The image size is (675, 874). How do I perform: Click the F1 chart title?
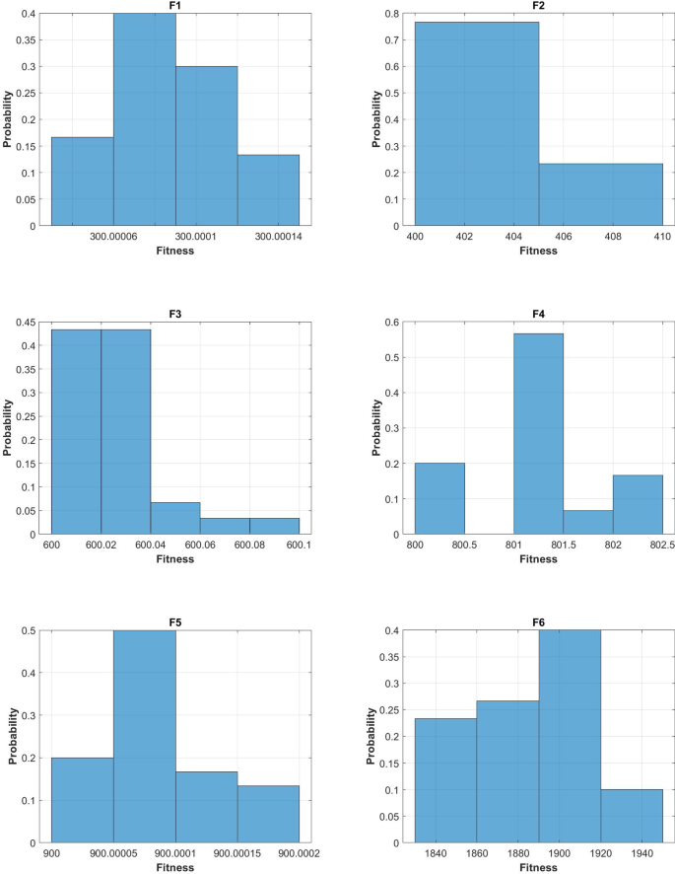pyautogui.click(x=175, y=7)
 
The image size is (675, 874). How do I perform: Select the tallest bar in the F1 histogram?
pyautogui.click(x=145, y=119)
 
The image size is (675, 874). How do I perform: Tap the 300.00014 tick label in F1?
pyautogui.click(x=268, y=237)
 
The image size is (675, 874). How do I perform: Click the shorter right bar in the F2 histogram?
pyautogui.click(x=600, y=194)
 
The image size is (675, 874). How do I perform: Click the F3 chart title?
pyautogui.click(x=175, y=315)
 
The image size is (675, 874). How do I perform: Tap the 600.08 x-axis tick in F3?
pyautogui.click(x=249, y=546)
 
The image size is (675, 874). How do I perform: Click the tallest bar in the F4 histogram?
pyautogui.click(x=538, y=434)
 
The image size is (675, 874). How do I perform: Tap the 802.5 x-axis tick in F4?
pyautogui.click(x=661, y=546)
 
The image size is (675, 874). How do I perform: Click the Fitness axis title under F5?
pyautogui.click(x=175, y=867)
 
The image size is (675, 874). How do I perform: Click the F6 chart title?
pyautogui.click(x=538, y=623)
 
